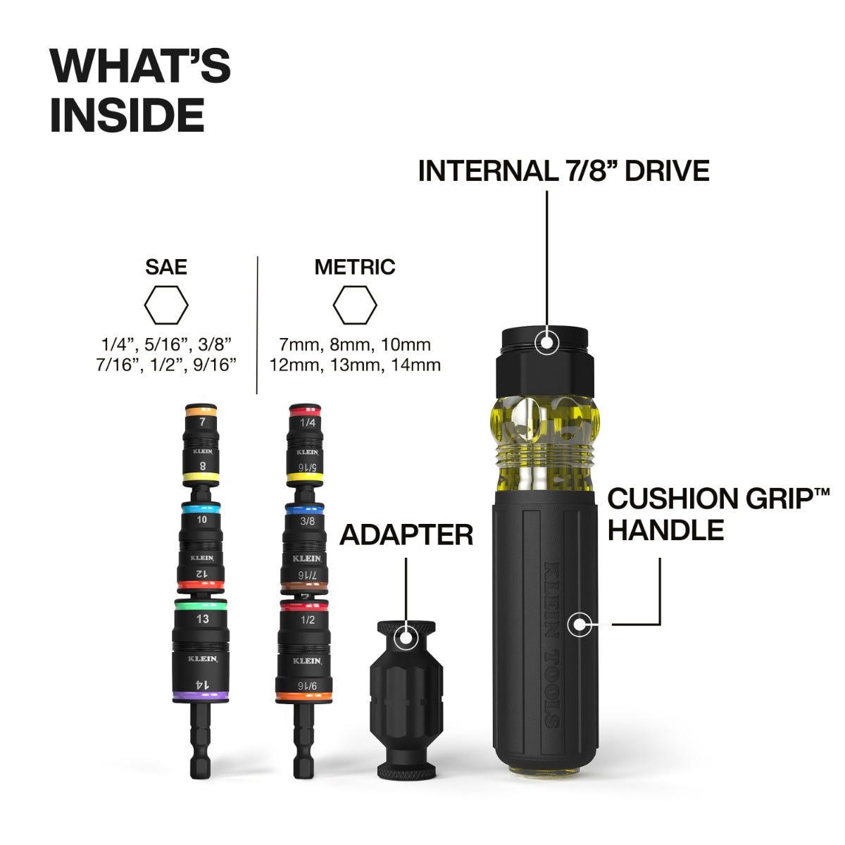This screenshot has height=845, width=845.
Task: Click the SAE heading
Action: (166, 267)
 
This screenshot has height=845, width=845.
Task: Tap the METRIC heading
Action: (354, 267)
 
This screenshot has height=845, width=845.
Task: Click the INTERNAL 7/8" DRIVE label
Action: (563, 170)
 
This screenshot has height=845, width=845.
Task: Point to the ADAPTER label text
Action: (406, 534)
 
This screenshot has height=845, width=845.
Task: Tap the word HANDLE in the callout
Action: (665, 530)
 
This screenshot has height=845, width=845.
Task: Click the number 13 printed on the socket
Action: (202, 619)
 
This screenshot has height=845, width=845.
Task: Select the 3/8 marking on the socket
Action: (307, 522)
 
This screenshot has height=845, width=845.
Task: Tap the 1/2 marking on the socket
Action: (307, 620)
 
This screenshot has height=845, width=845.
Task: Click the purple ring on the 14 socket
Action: (201, 696)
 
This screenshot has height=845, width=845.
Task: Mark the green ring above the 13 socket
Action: (201, 604)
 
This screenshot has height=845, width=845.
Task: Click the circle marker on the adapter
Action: (406, 638)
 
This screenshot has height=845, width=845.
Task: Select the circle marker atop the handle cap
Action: (547, 342)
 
